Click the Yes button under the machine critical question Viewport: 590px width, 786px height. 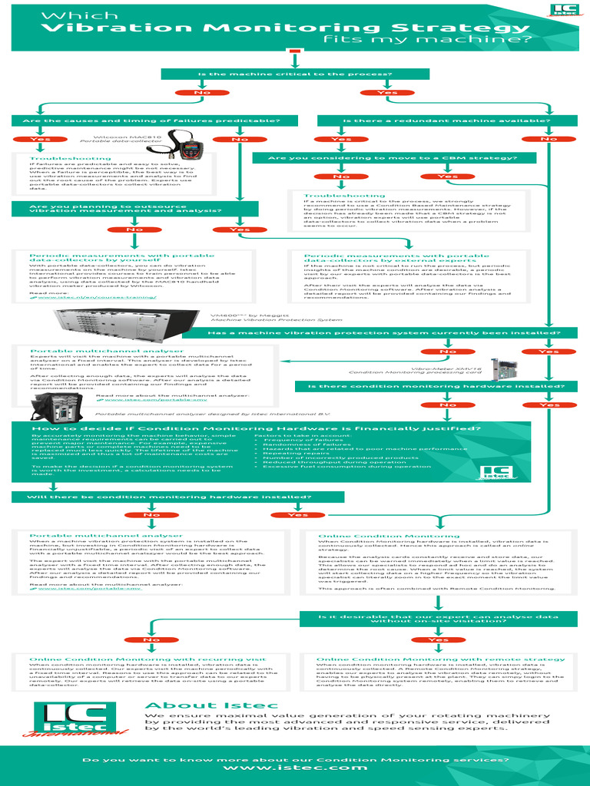click(386, 92)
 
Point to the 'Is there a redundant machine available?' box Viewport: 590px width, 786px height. click(447, 121)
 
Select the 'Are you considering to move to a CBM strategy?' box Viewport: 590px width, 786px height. click(392, 158)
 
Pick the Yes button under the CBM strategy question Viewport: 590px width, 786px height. click(447, 177)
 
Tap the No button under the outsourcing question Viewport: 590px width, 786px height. click(134, 230)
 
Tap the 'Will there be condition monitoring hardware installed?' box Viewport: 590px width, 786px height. click(169, 497)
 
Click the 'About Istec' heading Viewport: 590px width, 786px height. click(187, 705)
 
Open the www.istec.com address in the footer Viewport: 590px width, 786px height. click(294, 768)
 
